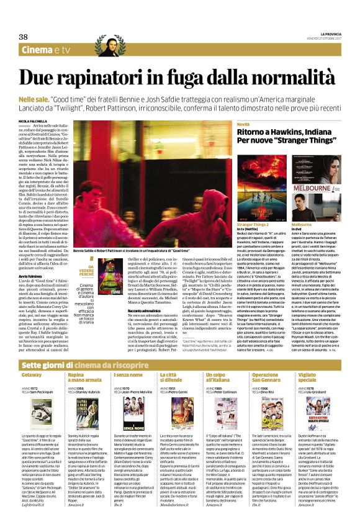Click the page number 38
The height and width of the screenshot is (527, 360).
27,38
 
